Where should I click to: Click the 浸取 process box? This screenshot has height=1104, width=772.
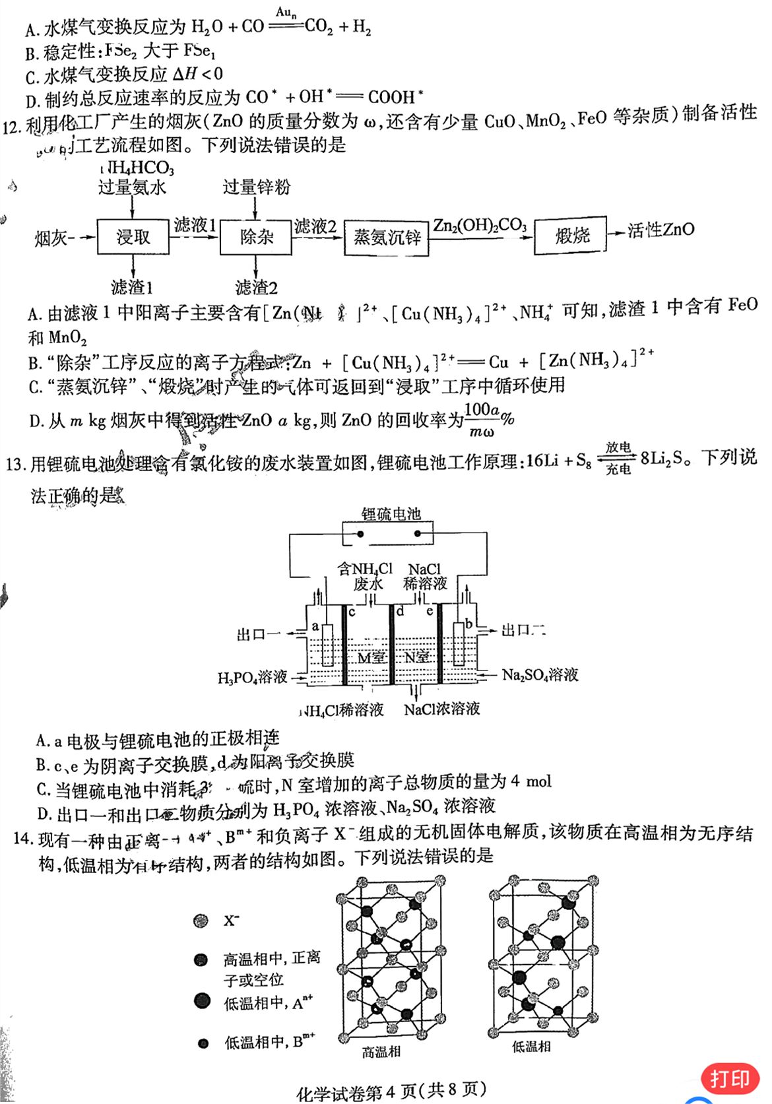tap(133, 236)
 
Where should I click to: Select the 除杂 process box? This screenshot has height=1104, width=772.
tap(256, 236)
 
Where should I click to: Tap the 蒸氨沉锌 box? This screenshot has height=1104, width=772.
tap(387, 238)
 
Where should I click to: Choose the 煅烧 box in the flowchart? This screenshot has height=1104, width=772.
tap(571, 236)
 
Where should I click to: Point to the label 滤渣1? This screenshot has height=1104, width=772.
tap(132, 287)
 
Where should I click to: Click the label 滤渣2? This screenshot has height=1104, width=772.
tap(256, 288)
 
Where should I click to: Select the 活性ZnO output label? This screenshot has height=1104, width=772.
tap(660, 230)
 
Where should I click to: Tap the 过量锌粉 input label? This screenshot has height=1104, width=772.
tap(256, 187)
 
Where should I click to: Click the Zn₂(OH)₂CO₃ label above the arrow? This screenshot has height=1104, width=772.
tap(480, 226)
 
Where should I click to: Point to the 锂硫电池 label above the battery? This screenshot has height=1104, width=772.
tap(391, 514)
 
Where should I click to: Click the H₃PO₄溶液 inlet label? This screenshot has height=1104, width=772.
tap(253, 677)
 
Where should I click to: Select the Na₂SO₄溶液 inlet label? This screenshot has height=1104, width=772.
tap(540, 674)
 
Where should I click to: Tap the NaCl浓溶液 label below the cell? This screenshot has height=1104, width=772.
tap(441, 709)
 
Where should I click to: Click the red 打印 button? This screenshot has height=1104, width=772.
tap(730, 1078)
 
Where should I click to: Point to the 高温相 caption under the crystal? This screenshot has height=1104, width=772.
tap(381, 1052)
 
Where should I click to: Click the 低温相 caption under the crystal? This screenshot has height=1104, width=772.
tap(531, 1046)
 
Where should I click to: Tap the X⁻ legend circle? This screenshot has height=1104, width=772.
tap(201, 921)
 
